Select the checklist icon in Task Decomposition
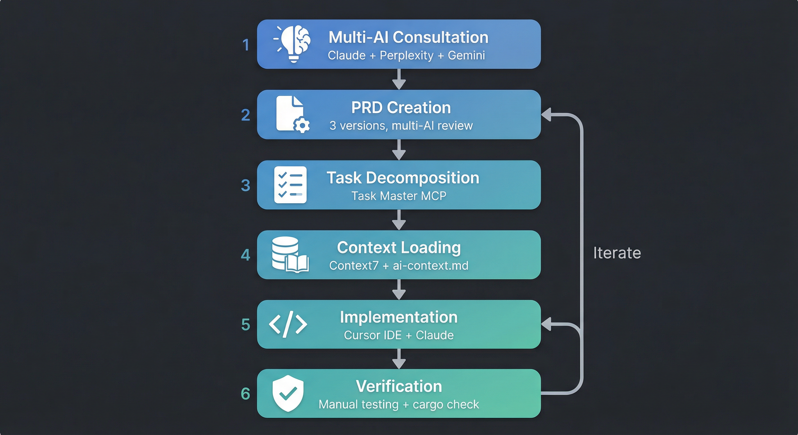(290, 185)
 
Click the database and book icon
(290, 255)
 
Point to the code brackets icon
(288, 324)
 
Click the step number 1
(246, 45)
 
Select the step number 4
(245, 255)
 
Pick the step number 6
(245, 394)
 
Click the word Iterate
(617, 253)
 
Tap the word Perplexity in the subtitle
(406, 56)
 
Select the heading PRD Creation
(401, 107)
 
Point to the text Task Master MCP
(399, 196)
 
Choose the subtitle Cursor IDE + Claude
(399, 335)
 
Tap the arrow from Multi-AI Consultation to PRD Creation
(399, 79)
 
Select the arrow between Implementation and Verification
(399, 359)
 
